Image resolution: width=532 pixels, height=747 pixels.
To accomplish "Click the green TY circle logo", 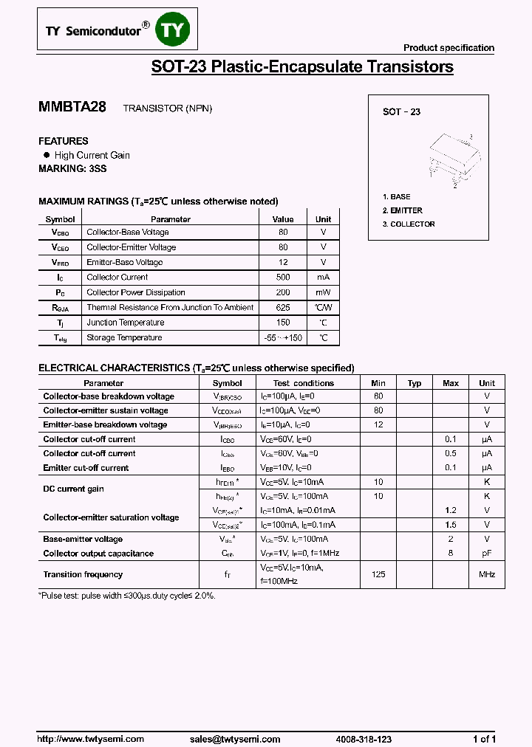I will click(176, 30).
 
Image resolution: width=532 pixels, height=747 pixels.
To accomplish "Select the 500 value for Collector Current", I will click(283, 278).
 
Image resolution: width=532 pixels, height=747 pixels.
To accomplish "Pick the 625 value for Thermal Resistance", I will click(283, 308).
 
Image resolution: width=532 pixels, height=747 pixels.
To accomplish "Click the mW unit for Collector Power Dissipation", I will click(323, 292).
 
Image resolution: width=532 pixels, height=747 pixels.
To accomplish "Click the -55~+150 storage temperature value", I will click(283, 338).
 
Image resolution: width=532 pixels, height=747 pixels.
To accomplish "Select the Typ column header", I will click(415, 383).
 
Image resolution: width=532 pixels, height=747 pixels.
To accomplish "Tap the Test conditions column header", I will click(303, 383).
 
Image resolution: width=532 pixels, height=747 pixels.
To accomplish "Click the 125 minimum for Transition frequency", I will click(378, 574).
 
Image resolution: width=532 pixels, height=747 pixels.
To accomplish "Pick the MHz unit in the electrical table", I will click(486, 574).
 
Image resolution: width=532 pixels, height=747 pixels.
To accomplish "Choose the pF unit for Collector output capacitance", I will click(486, 553).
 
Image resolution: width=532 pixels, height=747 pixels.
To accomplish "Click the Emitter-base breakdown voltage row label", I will click(105, 424).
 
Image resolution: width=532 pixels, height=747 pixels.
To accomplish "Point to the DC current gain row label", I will click(73, 489).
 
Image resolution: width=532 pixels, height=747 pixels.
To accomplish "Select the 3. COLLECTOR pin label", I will click(409, 224).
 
